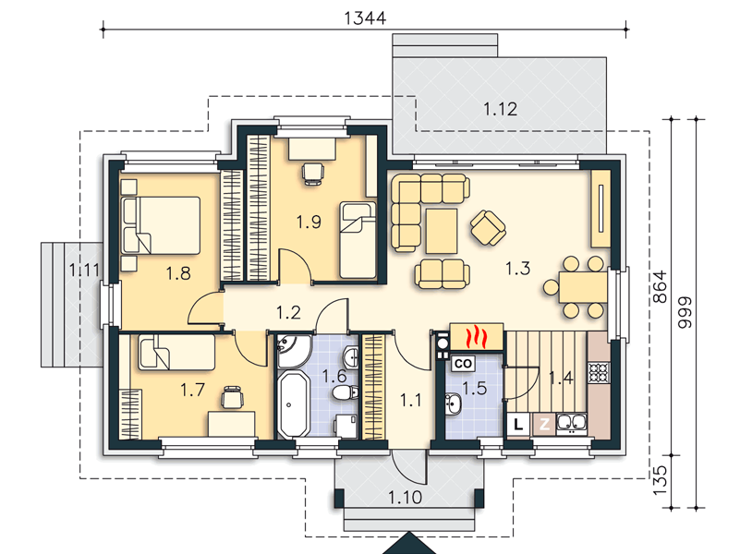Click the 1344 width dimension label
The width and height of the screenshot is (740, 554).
point(365,18)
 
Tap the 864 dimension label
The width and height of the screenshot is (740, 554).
point(660,286)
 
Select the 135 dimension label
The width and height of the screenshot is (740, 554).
point(660,480)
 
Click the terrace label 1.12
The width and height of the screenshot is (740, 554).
point(500,109)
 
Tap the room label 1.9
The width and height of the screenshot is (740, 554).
point(309,222)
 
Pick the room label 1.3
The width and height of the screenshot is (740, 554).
point(517,269)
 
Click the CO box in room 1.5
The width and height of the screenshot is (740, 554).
point(463,363)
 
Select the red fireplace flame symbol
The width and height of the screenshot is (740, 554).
point(476,337)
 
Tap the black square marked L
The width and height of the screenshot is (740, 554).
point(518,424)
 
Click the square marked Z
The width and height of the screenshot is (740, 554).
point(544,424)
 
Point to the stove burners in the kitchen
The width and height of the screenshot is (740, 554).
point(599,372)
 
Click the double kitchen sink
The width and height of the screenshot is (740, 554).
point(572,424)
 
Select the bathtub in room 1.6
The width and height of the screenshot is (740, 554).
point(293,404)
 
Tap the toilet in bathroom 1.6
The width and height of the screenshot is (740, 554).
point(345,392)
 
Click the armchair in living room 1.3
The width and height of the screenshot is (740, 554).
point(488,228)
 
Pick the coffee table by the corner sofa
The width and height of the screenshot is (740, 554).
point(442,231)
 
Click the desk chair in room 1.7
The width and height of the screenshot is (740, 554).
point(232,396)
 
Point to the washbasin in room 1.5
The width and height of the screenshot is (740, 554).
point(453,404)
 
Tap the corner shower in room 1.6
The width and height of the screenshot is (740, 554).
point(293,350)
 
